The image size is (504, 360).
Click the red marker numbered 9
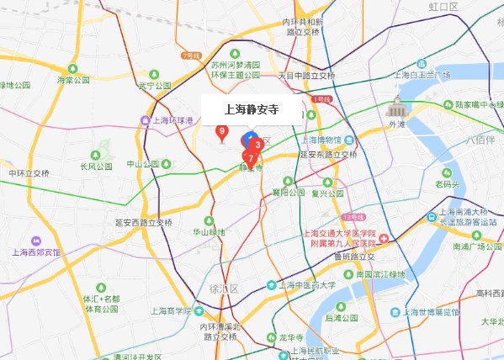click(221, 131)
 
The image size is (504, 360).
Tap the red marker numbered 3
click(257, 145)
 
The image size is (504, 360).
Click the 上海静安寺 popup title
click(252, 109)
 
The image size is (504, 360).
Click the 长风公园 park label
click(96, 167)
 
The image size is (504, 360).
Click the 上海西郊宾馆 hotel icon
click(34, 241)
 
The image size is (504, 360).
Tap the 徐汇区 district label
click(225, 289)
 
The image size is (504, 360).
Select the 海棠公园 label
click(73, 81)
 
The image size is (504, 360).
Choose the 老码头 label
click(445, 184)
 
